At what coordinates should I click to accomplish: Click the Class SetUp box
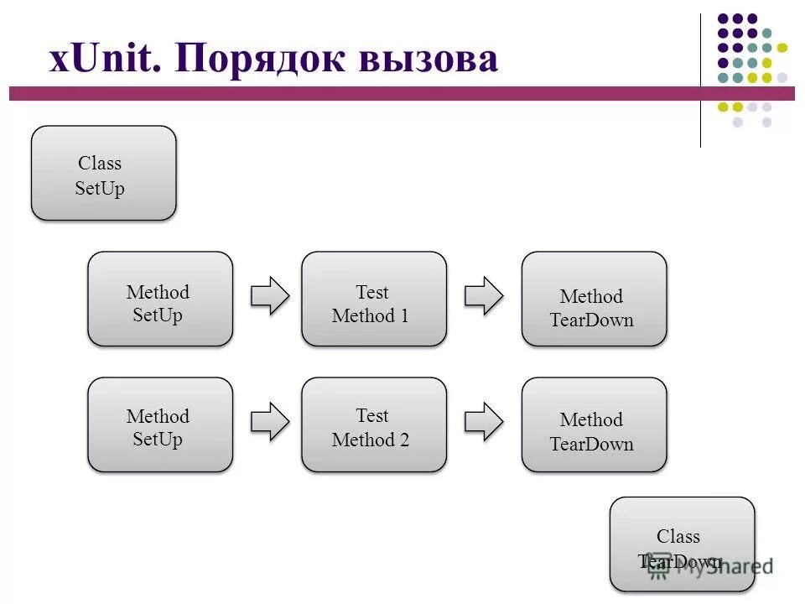point(103,174)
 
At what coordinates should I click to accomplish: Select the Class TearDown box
point(682,544)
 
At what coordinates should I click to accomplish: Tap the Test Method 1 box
point(374,299)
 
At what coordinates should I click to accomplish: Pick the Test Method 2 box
point(374,424)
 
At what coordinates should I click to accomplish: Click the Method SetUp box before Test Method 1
point(160,299)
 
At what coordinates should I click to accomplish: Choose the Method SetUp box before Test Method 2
point(160,424)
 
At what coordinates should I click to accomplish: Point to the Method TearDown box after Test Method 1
point(594,299)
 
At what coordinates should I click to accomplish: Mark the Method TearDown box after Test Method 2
point(594,424)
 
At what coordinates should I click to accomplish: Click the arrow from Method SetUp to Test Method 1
point(270,295)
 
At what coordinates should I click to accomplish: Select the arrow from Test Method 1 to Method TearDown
point(484,295)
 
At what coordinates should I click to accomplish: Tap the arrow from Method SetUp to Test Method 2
point(270,421)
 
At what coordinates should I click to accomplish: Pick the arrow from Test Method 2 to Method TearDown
point(484,421)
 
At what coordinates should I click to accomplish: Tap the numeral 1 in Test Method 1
point(404,316)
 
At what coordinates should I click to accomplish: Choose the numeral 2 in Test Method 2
point(404,440)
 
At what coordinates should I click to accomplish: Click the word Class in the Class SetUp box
point(100,164)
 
